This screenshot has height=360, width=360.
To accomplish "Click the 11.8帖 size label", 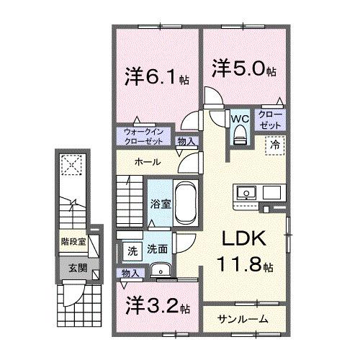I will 247,266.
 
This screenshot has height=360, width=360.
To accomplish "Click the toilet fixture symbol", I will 240,135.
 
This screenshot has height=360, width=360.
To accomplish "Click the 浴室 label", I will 161,204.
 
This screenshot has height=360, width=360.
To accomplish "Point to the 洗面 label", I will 158,251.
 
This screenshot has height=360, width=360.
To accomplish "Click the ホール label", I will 146,162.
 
